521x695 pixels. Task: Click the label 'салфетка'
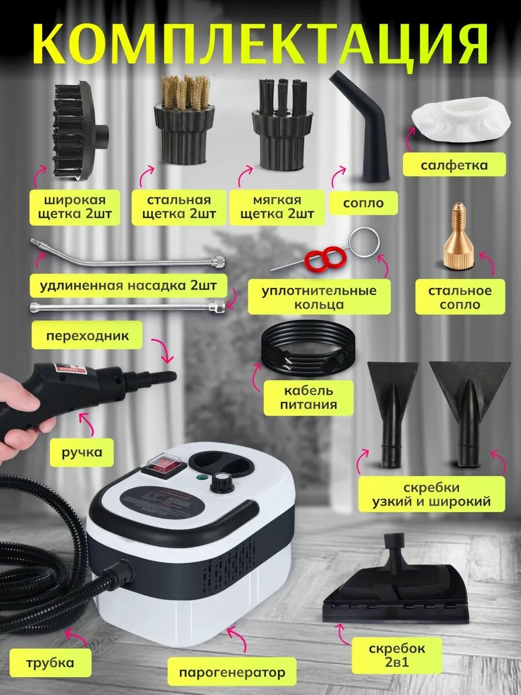454,165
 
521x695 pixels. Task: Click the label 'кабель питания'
309,398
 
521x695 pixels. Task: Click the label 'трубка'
50,663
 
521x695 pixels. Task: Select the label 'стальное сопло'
460,298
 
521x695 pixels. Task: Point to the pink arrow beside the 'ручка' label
86,422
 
